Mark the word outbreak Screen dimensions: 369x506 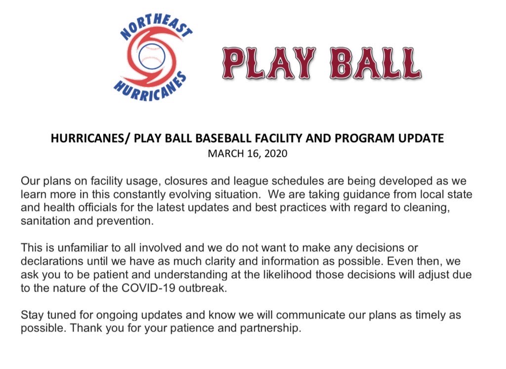[x=207, y=287]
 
